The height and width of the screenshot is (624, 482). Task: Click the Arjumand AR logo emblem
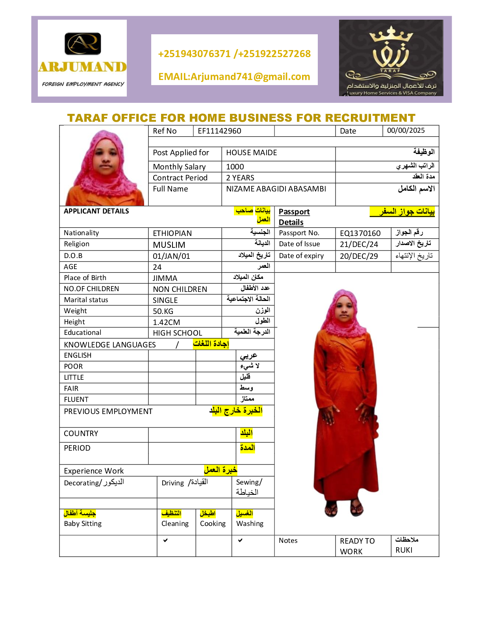(83, 43)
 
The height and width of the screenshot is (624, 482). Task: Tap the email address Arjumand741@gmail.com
(234, 76)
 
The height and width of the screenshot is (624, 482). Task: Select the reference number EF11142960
(219, 131)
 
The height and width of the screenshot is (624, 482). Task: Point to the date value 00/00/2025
(406, 130)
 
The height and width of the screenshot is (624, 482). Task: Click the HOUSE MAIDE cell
(251, 152)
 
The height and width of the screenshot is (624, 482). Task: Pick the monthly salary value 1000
(235, 167)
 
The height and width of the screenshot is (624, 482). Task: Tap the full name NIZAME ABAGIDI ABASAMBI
(276, 189)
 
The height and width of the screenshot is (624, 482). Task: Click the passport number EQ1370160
(360, 233)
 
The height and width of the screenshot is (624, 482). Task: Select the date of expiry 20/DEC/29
(359, 256)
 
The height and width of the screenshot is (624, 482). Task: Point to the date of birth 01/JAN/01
(171, 256)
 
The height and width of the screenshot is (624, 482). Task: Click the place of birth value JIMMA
(165, 278)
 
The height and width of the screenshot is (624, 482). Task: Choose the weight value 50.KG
(163, 311)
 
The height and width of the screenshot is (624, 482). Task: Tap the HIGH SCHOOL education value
(177, 333)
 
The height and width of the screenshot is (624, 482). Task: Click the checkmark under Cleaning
(165, 540)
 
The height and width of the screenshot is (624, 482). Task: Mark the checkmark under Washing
(240, 540)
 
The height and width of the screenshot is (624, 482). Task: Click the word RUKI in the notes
(404, 550)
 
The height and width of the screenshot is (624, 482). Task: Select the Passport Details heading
(294, 217)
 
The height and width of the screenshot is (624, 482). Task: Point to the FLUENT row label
(76, 399)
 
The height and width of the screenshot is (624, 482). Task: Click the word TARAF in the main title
(87, 118)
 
